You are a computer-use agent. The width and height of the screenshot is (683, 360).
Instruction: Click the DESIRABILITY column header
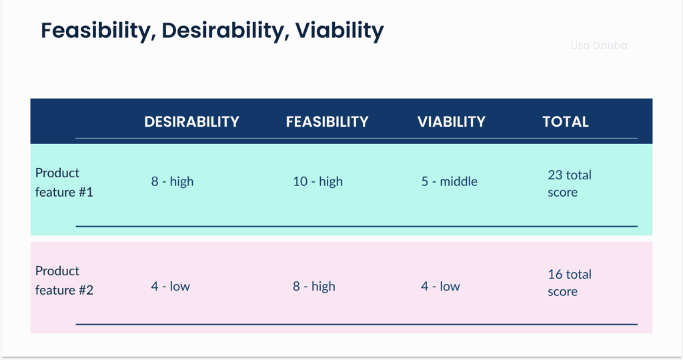191,121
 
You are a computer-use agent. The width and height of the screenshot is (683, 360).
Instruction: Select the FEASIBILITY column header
327,121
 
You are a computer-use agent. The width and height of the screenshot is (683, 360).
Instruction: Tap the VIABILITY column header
452,121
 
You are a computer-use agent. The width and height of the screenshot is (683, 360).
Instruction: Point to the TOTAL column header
566,121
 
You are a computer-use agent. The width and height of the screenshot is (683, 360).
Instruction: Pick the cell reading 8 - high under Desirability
172,181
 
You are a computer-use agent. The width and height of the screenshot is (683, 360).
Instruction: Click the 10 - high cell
317,181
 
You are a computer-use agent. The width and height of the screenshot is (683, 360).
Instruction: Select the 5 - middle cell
449,181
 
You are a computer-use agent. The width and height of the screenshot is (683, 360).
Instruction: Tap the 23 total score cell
569,183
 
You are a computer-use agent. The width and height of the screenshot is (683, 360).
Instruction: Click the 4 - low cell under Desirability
170,286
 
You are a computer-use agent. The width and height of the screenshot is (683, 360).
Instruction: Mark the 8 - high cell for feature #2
313,286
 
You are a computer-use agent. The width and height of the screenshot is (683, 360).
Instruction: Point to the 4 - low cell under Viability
440,286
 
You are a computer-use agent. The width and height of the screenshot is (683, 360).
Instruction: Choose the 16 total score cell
569,283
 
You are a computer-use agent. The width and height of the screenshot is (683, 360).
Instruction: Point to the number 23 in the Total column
555,175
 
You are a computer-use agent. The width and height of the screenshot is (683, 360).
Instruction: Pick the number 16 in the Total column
555,274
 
